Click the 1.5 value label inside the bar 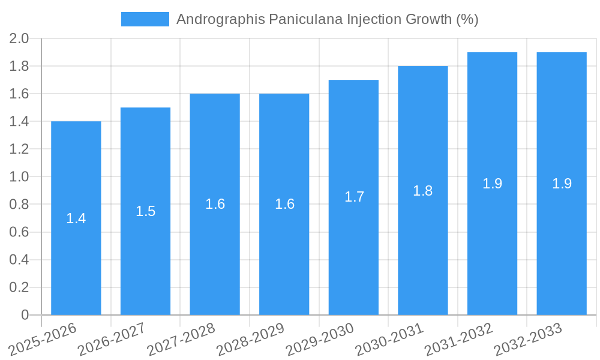click(145, 211)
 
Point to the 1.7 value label click(354, 197)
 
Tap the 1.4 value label click(76, 218)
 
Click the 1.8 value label click(423, 191)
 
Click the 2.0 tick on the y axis click(19, 39)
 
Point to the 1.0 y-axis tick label click(19, 177)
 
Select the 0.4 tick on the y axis click(19, 260)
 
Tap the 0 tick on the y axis click(25, 315)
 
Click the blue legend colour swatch click(145, 19)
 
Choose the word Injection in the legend click(372, 20)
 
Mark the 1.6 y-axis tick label click(19, 94)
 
